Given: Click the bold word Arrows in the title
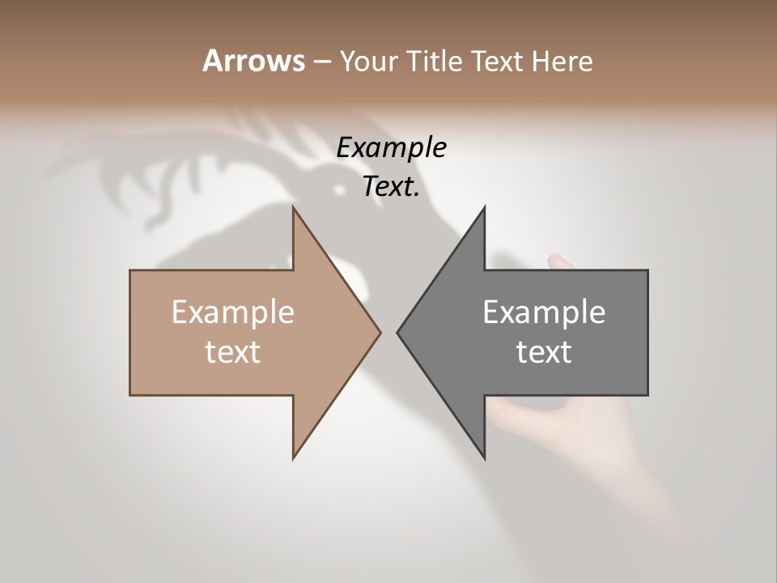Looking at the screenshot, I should coord(253,61).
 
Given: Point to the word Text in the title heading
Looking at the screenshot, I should coord(497,62).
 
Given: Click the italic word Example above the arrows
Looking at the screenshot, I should coord(392,147).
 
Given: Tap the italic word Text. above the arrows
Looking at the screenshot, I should coord(392,187).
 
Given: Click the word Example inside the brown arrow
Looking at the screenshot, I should coord(233,313).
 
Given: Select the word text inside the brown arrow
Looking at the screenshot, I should coord(233,352).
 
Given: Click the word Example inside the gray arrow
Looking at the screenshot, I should coord(544,313).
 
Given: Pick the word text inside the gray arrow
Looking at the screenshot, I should coord(544,352).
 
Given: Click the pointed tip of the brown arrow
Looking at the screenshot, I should coord(380,332).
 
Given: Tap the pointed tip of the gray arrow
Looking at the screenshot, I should coord(397,332).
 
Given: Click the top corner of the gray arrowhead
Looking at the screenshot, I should coord(484,208).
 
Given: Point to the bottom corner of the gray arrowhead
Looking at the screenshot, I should coord(484,458).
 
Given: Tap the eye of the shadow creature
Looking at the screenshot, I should coord(341,189).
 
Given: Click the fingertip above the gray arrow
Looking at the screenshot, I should coord(555,260).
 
